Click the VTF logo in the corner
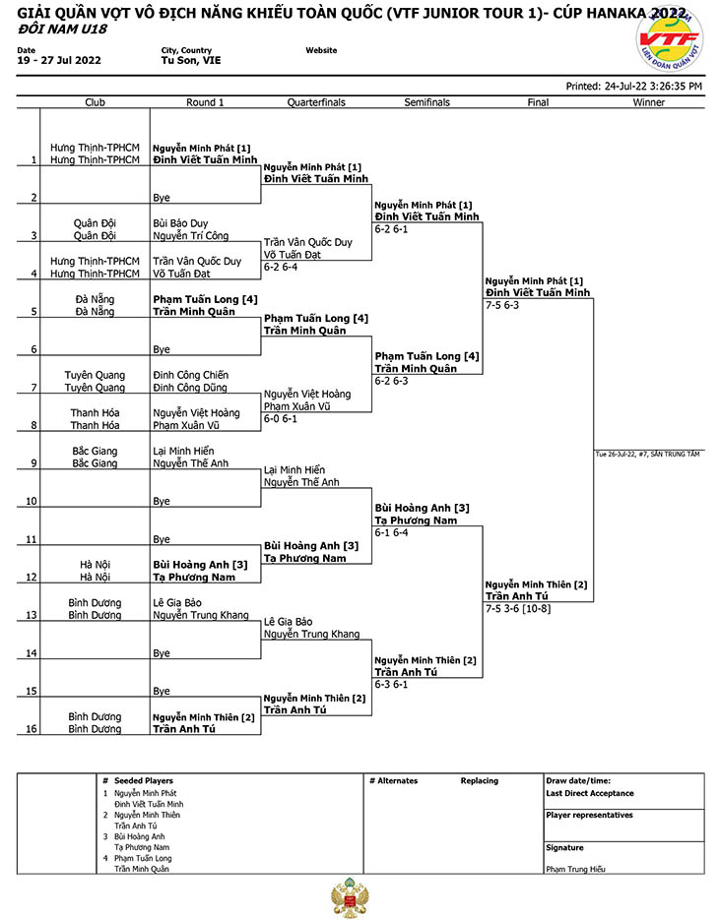670,40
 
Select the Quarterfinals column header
316,102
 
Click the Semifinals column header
427,102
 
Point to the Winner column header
648,102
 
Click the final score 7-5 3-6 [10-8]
518,608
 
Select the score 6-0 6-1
280,418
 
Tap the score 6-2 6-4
280,267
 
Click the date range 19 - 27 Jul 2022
59,60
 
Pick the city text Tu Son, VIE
191,60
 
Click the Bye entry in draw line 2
162,198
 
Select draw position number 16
32,729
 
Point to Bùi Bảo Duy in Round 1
180,223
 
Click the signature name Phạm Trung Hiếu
575,869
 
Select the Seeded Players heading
144,781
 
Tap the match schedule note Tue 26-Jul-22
647,455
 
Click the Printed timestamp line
634,87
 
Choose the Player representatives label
589,815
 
